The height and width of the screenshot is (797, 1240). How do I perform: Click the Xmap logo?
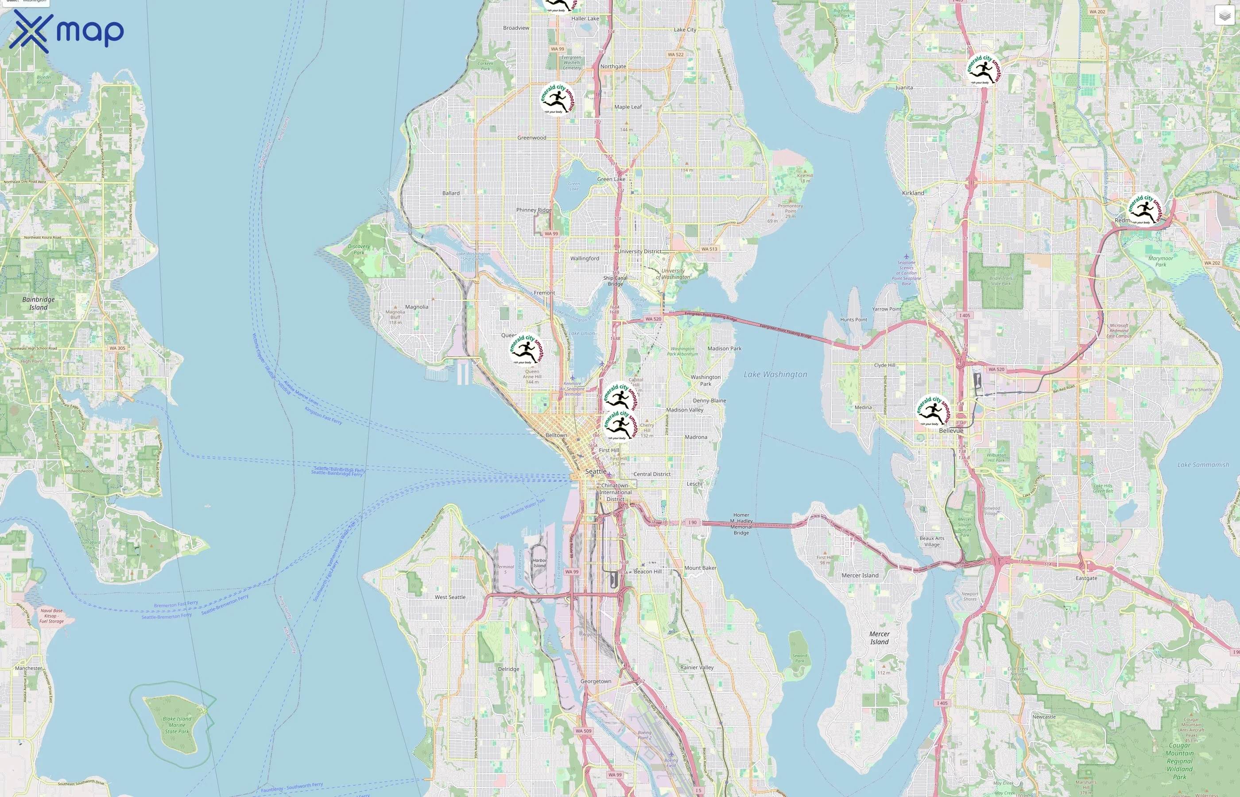tap(66, 31)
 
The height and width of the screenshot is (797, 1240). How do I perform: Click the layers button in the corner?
tap(1224, 15)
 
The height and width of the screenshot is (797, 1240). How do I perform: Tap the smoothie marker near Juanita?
tap(984, 70)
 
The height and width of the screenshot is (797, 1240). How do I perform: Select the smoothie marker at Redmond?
tap(1145, 209)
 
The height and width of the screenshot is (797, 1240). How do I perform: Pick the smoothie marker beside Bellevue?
tap(933, 411)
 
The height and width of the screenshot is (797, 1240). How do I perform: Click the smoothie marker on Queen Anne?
tap(526, 349)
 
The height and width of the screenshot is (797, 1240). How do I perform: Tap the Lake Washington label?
tap(775, 374)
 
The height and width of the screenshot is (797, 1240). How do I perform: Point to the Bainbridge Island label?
tap(38, 303)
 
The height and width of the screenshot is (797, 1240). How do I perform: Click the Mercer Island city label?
tap(860, 575)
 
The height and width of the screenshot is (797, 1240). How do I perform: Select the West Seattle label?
tap(450, 597)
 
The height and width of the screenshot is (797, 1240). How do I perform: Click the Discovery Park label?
tap(359, 249)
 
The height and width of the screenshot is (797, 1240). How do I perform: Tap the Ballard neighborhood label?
tap(451, 193)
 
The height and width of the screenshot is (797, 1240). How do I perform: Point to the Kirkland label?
tap(912, 193)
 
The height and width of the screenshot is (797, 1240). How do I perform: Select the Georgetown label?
tap(596, 681)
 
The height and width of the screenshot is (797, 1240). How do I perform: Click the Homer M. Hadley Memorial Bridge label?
tap(740, 524)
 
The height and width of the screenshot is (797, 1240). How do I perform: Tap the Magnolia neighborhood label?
tap(417, 307)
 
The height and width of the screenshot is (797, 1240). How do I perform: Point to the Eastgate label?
tap(1086, 578)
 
